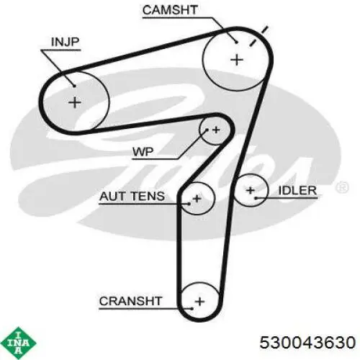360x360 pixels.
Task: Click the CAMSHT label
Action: (170, 10)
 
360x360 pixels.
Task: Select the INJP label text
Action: (65, 42)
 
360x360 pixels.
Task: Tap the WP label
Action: (143, 152)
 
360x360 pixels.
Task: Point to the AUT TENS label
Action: (132, 197)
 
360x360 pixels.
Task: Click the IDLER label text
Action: (297, 191)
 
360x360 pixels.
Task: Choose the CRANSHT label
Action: (130, 301)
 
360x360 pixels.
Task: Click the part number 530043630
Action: (307, 342)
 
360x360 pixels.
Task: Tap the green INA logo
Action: (19, 343)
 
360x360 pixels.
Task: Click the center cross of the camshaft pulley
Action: (237, 60)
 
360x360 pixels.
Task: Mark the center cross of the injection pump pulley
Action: (75, 103)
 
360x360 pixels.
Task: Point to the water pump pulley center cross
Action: (216, 130)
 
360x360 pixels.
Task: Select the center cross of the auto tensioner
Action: (197, 199)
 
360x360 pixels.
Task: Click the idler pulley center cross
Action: (251, 191)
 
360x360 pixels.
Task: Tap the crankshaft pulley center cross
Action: (200, 301)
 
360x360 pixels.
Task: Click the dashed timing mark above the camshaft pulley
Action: (258, 36)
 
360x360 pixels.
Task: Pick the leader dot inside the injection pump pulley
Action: (75, 86)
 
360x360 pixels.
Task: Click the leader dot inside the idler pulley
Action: (256, 198)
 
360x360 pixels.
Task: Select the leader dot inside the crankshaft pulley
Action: (192, 309)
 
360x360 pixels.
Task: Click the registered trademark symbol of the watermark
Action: (342, 187)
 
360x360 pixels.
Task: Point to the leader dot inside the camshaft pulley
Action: (236, 42)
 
